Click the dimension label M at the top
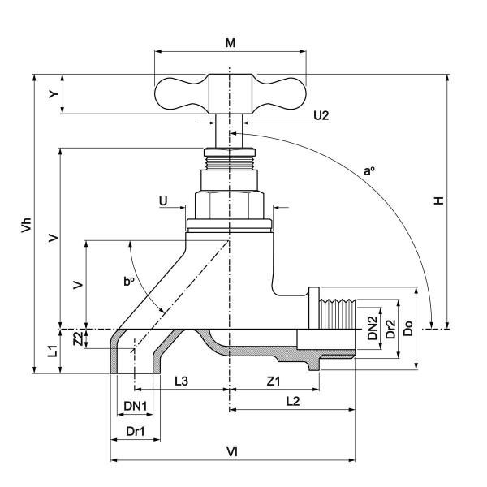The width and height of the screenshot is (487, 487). [231, 42]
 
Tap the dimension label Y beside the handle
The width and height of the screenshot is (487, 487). [54, 94]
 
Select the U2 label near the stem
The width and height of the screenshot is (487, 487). [321, 116]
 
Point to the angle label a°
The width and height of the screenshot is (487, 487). [369, 171]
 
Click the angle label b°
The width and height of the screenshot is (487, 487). [128, 282]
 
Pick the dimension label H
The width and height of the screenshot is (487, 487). [439, 200]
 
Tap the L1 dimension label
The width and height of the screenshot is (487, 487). [50, 351]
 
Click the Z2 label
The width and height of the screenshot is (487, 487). [78, 336]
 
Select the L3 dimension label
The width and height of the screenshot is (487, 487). [182, 380]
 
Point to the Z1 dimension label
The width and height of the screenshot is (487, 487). [272, 380]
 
